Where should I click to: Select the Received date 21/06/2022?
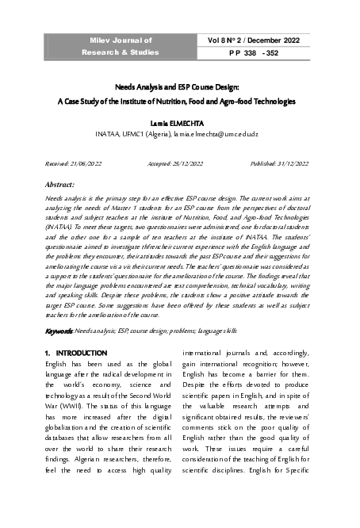[x=83, y=163]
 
